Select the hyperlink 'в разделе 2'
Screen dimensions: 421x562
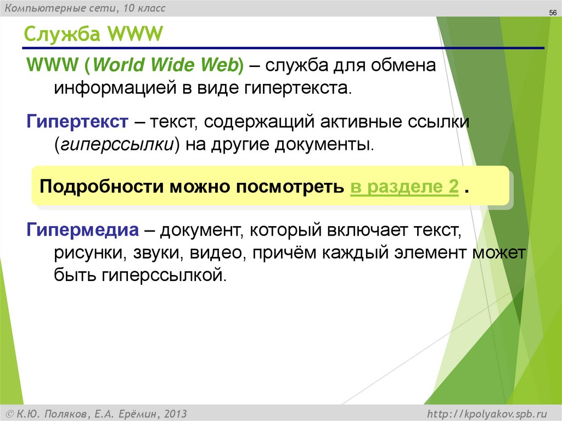click(404, 187)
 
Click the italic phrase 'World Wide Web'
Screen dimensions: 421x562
click(166, 65)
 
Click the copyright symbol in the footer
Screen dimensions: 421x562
click(9, 413)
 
